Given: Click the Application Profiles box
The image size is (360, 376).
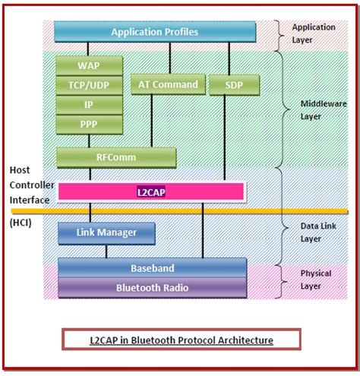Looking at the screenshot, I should click(x=154, y=32).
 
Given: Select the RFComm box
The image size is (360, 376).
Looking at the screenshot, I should click(x=116, y=157).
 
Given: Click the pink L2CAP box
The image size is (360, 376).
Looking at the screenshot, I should click(x=150, y=193).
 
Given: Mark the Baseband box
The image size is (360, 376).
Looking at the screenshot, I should click(x=152, y=268).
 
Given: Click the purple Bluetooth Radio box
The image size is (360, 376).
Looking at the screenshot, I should click(x=152, y=287).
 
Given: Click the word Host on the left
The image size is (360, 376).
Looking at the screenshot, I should click(x=21, y=170).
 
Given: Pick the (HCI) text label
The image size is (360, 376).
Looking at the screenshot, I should click(x=23, y=222).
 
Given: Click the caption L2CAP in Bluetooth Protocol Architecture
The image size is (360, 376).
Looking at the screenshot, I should click(x=182, y=340).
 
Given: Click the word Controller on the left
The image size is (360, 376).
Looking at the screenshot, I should click(x=30, y=185).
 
